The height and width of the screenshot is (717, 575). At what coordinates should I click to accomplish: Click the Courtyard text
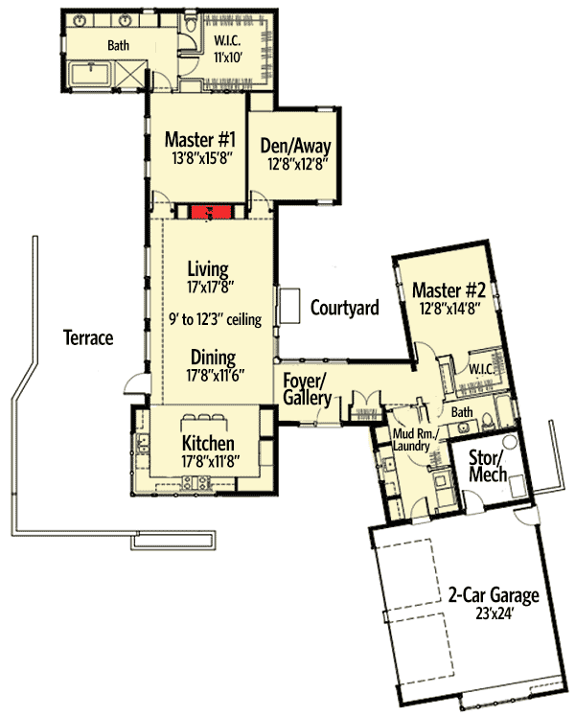344,308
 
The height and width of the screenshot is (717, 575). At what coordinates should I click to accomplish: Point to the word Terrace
88,337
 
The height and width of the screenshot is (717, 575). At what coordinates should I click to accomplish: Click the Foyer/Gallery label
307,389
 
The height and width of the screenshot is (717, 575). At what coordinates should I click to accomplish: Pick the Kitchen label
208,444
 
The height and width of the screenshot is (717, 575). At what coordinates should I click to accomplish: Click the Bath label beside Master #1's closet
118,44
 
